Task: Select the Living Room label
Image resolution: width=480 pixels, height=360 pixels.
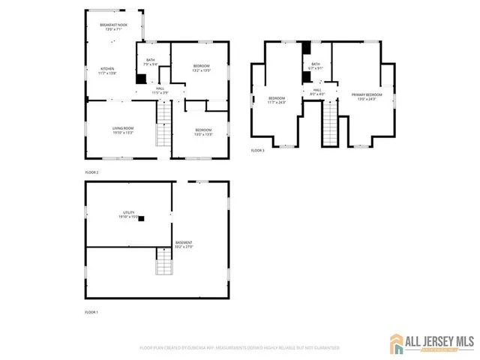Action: [x=123, y=130]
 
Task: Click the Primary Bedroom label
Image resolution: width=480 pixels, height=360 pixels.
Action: [x=367, y=97]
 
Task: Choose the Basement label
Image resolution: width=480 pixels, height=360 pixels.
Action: [x=184, y=244]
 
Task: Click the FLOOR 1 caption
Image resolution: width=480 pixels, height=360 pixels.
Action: [x=91, y=311]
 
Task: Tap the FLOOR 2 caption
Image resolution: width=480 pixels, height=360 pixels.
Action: [x=91, y=172]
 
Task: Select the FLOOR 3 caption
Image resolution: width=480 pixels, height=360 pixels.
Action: [x=258, y=151]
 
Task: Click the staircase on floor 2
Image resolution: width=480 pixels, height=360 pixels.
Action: [x=163, y=124]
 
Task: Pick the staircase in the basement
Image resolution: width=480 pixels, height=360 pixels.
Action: [x=163, y=262]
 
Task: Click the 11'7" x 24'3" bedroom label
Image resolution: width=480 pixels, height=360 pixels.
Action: [x=277, y=100]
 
